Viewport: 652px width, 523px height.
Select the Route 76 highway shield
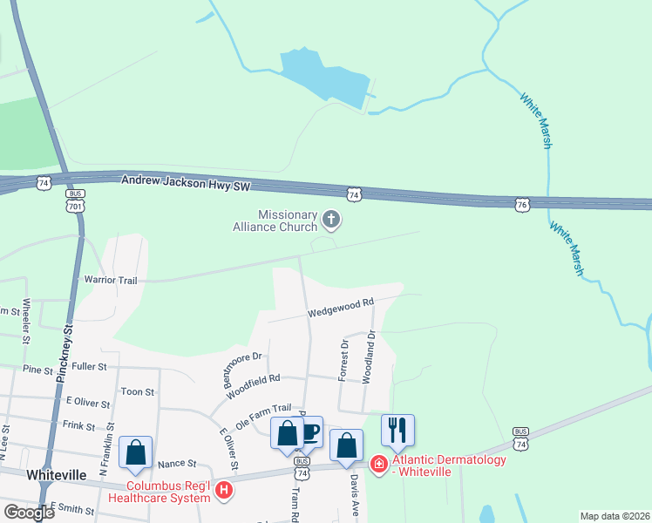tap(521, 204)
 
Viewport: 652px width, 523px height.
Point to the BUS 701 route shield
tap(76, 201)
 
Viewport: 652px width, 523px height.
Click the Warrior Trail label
tap(111, 280)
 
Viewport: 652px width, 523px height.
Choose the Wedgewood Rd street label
tap(340, 307)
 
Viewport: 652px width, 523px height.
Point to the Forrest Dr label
tap(343, 360)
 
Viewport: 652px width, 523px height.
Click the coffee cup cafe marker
tap(309, 431)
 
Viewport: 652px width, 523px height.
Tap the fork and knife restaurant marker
tap(397, 430)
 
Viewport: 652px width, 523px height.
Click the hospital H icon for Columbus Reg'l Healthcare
tap(225, 491)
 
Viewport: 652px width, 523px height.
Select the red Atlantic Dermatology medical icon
tap(379, 463)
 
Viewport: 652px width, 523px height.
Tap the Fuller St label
tap(90, 367)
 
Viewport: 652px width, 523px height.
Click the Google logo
tap(29, 513)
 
